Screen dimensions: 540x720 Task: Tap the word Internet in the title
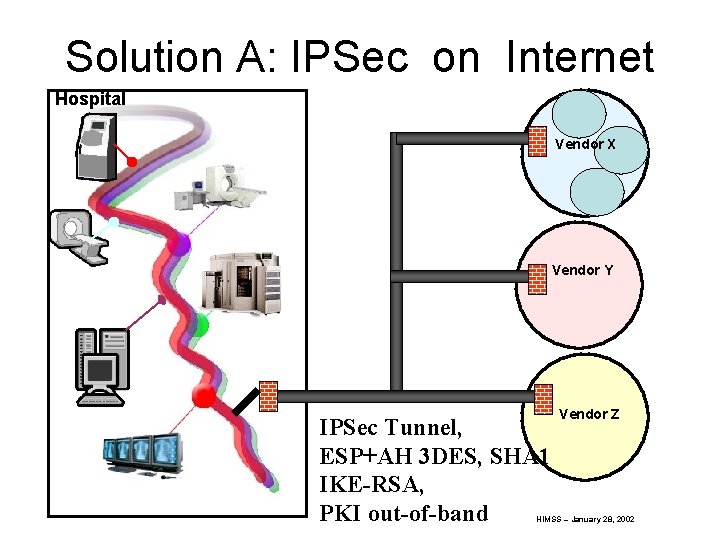pyautogui.click(x=579, y=57)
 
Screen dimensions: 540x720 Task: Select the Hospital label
pyautogui.click(x=89, y=99)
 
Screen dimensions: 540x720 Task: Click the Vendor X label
pyautogui.click(x=585, y=144)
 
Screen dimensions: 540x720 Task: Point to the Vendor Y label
pyautogui.click(x=582, y=270)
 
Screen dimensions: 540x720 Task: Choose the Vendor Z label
pyautogui.click(x=589, y=414)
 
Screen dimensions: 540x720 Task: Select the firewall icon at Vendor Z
pyautogui.click(x=544, y=399)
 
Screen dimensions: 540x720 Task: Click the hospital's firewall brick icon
pyautogui.click(x=268, y=396)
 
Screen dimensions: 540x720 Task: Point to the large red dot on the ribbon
pyautogui.click(x=204, y=397)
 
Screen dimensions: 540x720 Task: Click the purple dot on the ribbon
pyautogui.click(x=182, y=243)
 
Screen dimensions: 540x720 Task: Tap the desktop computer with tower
pyautogui.click(x=102, y=366)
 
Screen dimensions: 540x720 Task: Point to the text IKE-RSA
pyautogui.click(x=371, y=485)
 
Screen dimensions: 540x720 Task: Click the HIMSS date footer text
pyautogui.click(x=585, y=520)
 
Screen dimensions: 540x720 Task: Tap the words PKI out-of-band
pyautogui.click(x=402, y=514)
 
